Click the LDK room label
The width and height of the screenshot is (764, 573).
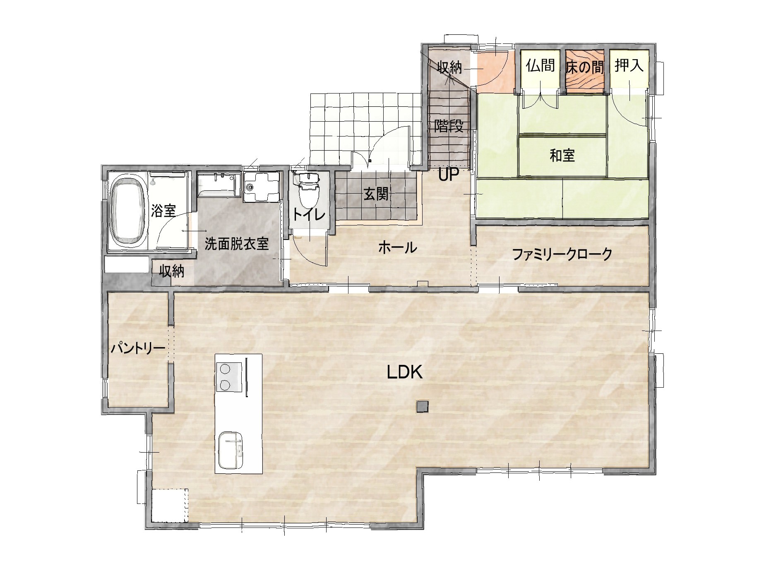pos(404,372)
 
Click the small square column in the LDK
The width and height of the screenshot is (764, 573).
pos(423,406)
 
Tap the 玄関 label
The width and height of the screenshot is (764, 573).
pos(376,194)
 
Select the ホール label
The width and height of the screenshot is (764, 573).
pos(397,248)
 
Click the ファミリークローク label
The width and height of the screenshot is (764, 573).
pos(562,254)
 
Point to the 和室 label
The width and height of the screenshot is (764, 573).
pos(562,156)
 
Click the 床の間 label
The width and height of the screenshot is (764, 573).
pos(585,67)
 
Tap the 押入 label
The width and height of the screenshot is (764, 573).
pos(629,66)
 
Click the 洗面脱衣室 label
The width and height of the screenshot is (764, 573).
pos(237,244)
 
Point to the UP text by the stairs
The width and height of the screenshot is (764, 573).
pos(449,176)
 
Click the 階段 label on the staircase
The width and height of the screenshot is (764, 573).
pos(449,126)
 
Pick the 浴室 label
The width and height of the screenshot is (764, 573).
pos(163,211)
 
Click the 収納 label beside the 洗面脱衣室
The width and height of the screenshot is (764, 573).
pos(172,272)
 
